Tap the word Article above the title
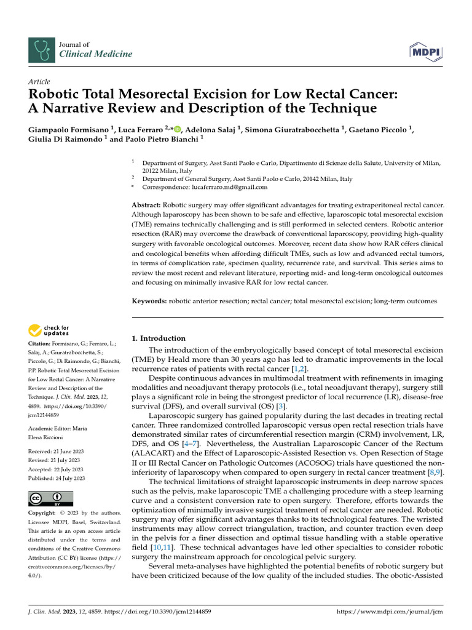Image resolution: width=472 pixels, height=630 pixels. coord(39,82)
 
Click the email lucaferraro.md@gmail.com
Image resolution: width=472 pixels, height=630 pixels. coord(235,187)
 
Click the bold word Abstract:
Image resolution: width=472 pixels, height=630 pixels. coord(147,204)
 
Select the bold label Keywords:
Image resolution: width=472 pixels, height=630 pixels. coord(150,301)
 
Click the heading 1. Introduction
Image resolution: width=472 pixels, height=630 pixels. coord(159,338)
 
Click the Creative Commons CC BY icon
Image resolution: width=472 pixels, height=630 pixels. coord(50,498)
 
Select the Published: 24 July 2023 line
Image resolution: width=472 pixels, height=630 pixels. coord(57,478)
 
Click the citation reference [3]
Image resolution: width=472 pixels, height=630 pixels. coord(281,388)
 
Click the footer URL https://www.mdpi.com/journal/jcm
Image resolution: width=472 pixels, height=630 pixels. coord(391,612)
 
